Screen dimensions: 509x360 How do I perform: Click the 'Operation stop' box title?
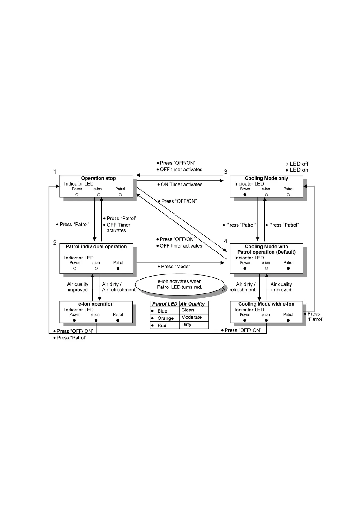pos(98,178)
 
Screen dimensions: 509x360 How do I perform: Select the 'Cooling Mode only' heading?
pos(266,178)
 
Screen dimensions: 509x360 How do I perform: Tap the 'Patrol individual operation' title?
pos(96,247)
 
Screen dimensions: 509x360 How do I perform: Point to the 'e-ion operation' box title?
pos(96,304)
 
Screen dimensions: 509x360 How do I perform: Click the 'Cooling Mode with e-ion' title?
pos(266,304)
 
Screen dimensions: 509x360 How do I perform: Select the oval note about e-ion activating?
pos(179,284)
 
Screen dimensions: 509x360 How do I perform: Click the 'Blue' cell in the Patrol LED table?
pos(162,311)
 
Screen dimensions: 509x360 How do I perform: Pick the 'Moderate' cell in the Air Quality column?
pos(191,317)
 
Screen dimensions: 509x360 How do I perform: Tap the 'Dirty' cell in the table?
pos(186,325)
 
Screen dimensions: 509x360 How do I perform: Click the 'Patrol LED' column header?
pos(165,304)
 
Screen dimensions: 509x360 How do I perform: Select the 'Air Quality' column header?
pos(192,304)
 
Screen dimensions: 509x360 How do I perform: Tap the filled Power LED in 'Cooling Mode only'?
pos(245,195)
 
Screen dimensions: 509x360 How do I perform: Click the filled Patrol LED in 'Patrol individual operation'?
pos(118,268)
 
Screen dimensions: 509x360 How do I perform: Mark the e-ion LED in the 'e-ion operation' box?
pos(96,320)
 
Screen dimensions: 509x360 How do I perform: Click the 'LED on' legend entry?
pos(297,170)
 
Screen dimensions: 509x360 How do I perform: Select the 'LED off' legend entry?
pos(297,164)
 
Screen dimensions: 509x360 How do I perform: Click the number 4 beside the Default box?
pos(225,241)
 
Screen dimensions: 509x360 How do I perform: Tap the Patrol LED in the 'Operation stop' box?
pos(120,195)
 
